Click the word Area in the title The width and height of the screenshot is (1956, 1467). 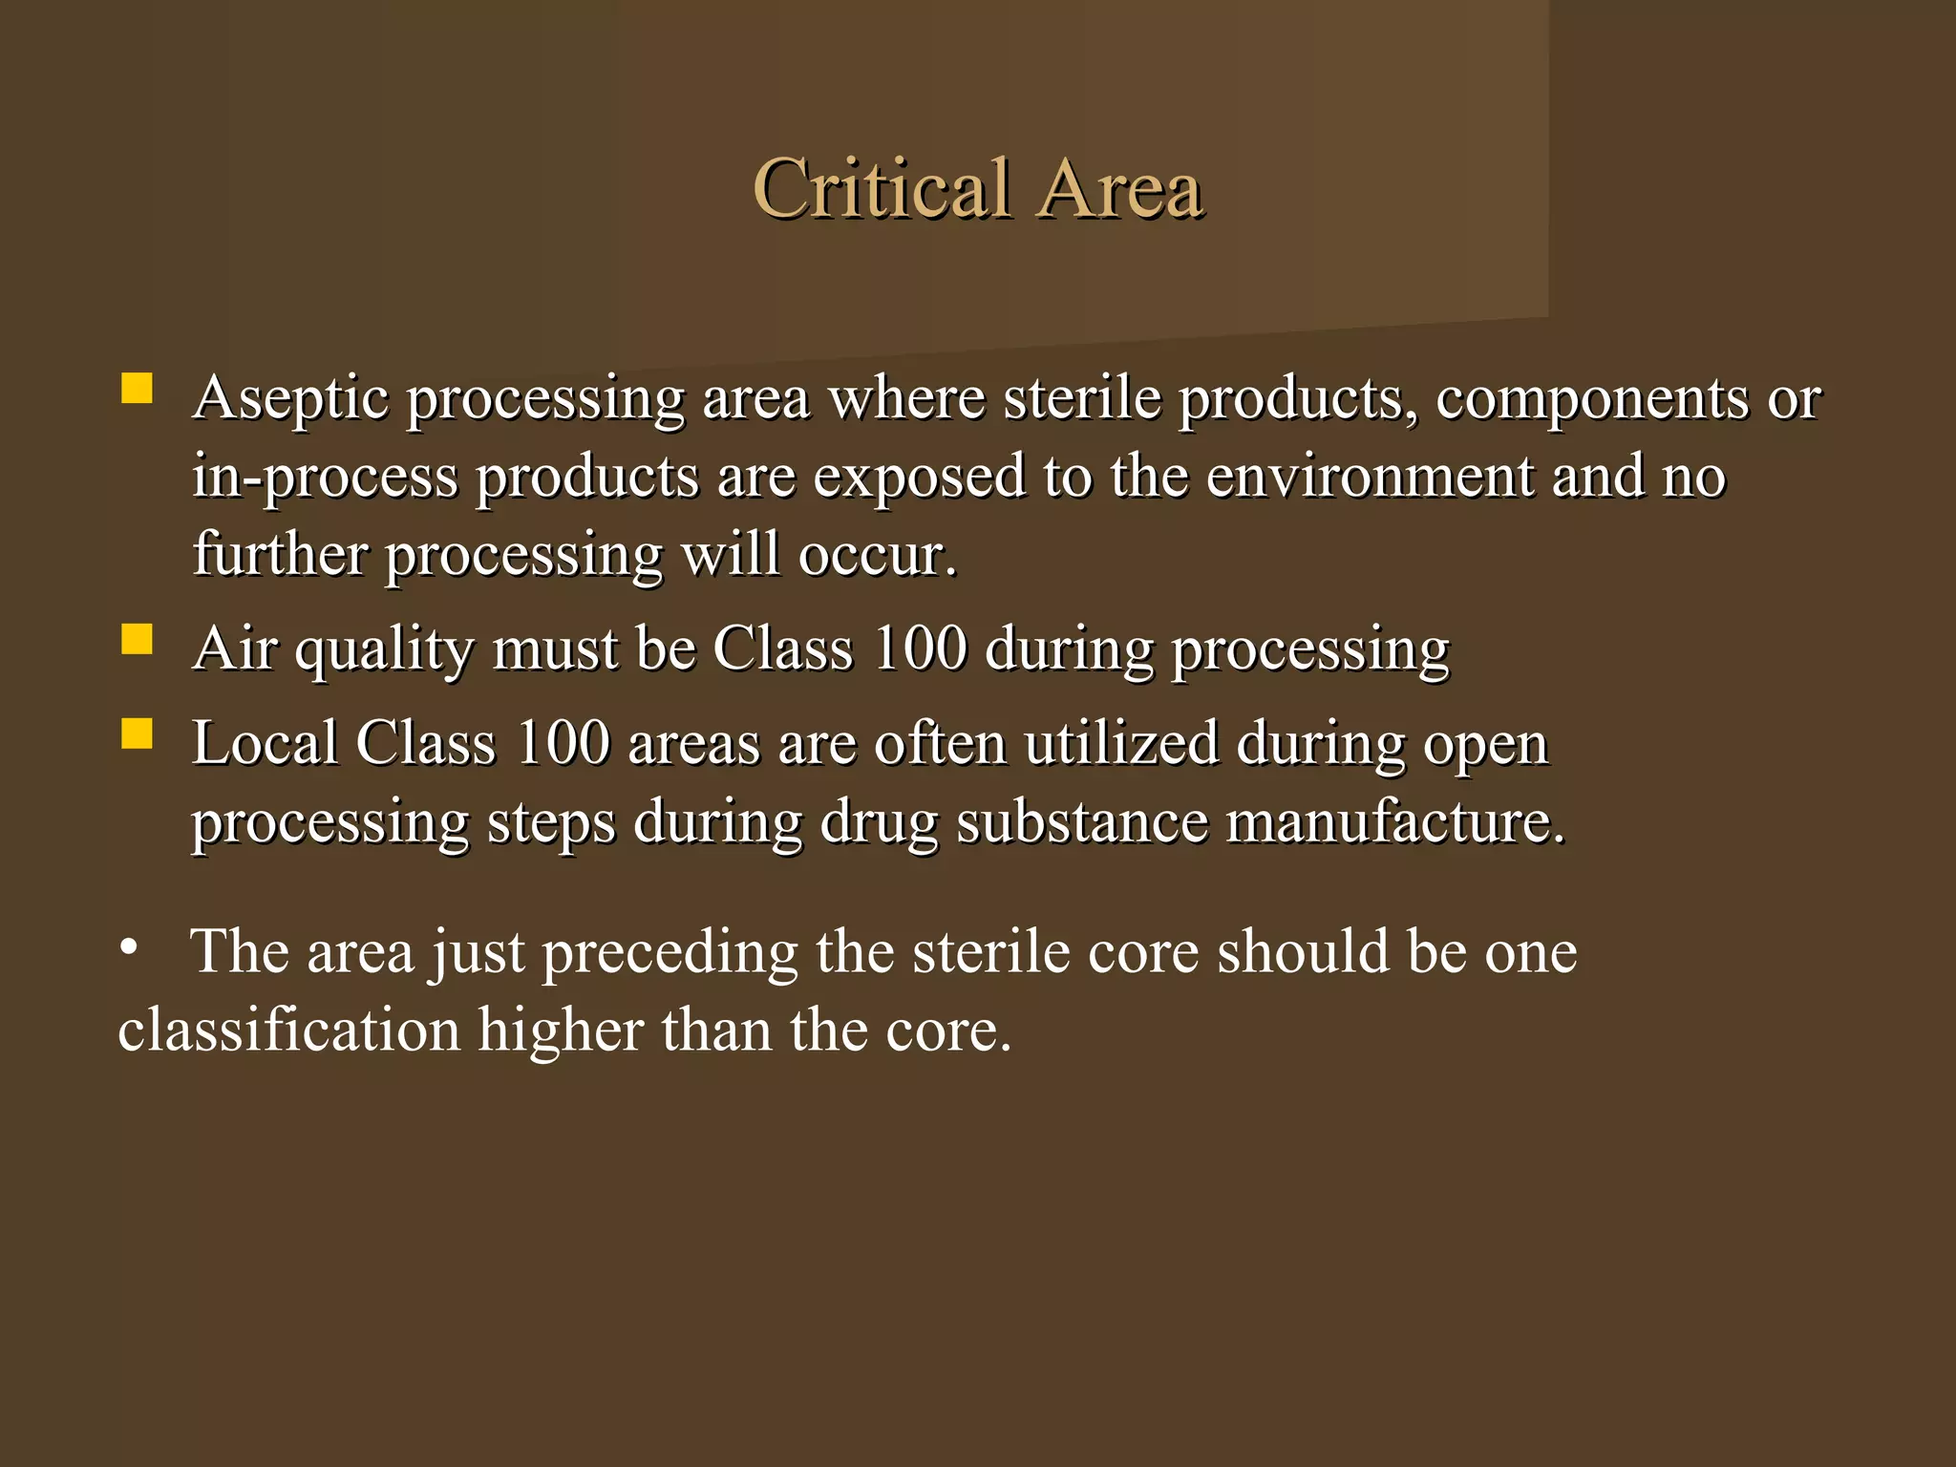pos(1121,188)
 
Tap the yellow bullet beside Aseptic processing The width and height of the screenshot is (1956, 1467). pos(138,390)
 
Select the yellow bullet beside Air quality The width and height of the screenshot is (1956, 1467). pos(138,639)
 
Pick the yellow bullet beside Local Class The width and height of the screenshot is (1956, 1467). pos(138,733)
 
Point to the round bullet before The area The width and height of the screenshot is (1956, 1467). pos(129,948)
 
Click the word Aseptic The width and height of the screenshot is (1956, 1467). pos(290,398)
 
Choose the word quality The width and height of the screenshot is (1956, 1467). pos(384,650)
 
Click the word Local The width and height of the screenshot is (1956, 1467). pos(265,742)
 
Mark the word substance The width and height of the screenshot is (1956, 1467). pos(1082,821)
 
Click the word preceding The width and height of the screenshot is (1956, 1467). pos(670,953)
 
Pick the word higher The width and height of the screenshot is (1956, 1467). pos(561,1031)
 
